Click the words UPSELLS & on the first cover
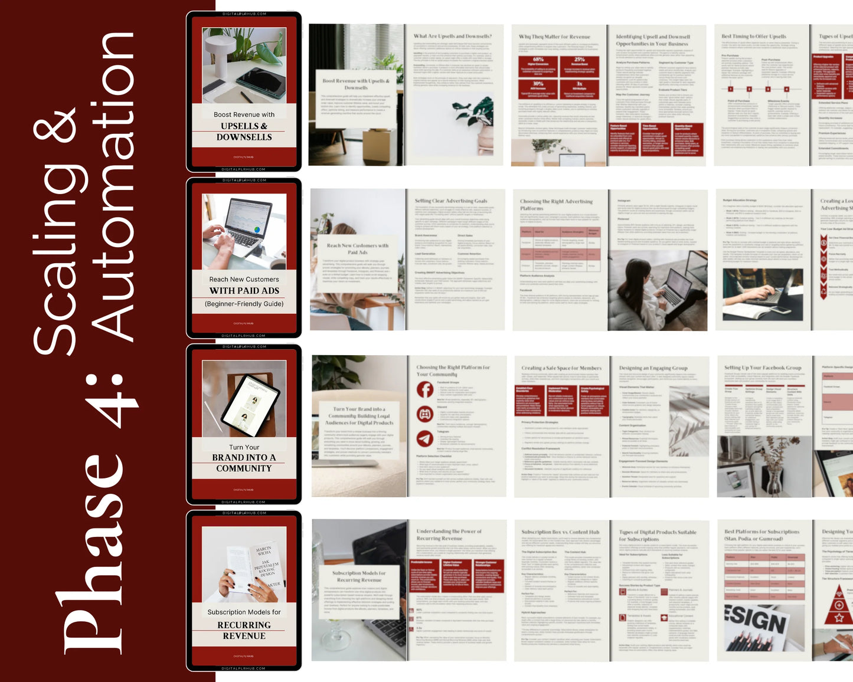244,126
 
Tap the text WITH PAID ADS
244,291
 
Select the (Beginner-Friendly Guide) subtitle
244,304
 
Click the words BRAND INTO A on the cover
244,458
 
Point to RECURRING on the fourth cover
244,625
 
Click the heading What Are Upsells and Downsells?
452,37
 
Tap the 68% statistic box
538,64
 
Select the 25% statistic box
580,64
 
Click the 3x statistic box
580,87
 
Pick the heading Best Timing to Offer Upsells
754,37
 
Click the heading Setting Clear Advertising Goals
450,201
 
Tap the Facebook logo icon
425,389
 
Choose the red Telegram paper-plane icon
425,438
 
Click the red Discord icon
425,414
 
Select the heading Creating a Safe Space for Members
561,368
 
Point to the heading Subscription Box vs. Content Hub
560,532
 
